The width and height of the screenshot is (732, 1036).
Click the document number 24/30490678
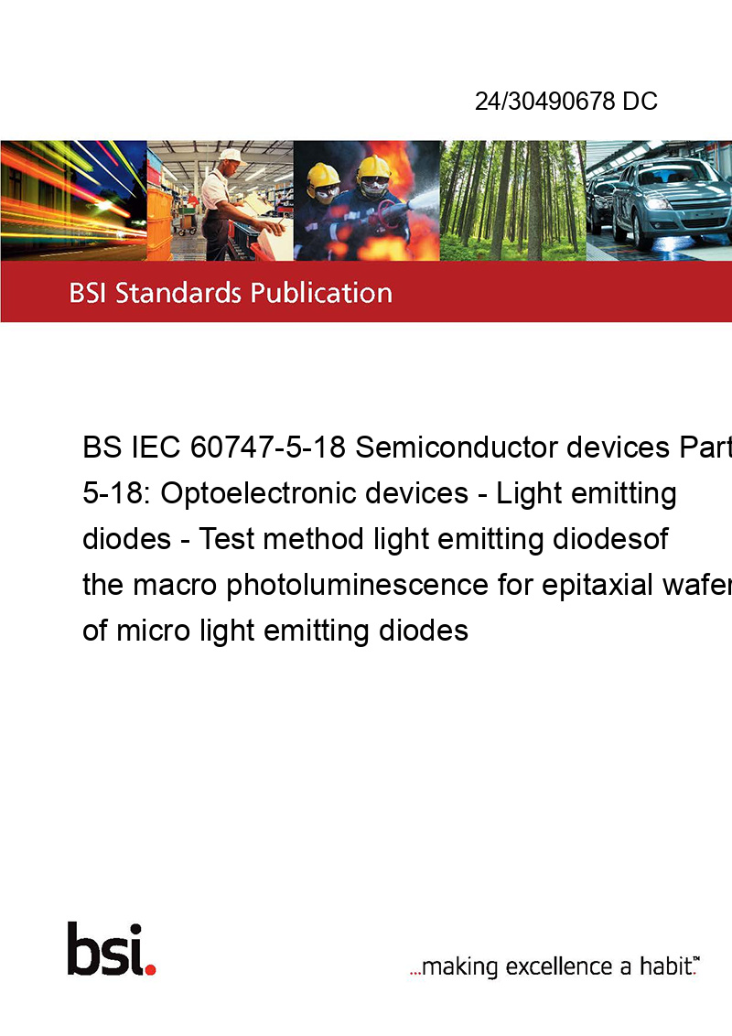545,101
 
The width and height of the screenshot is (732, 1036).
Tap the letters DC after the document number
640,101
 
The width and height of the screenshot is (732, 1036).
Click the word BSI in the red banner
89,293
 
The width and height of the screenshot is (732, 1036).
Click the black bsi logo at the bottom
112,949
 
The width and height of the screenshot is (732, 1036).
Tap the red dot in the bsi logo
150,969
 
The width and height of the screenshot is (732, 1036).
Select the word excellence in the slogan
560,966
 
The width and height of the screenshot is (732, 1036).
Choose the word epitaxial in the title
597,586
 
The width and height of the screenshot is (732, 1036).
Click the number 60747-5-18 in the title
267,448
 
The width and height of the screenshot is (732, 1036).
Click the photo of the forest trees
512,200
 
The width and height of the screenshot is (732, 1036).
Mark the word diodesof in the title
609,539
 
